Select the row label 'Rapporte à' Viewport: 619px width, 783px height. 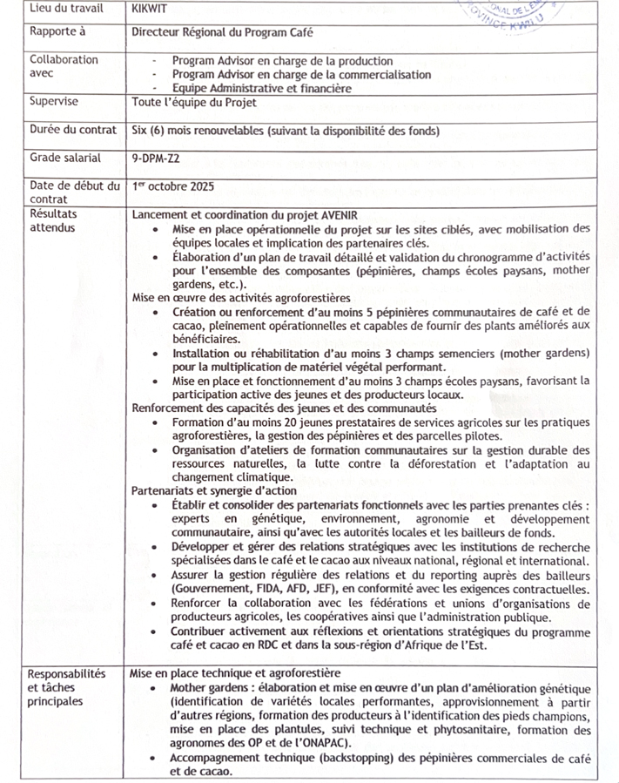click(59, 32)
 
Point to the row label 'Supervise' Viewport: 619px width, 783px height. click(54, 102)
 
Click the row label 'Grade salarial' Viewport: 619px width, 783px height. click(65, 159)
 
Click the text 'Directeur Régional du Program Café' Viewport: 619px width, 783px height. click(222, 33)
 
